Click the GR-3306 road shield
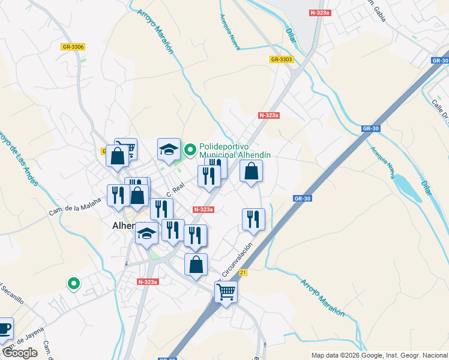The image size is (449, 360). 73,47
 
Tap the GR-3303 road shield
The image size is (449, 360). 281,59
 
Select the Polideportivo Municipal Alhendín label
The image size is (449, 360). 235,150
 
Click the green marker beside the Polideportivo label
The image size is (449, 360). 190,149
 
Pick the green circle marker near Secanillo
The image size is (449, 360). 73,283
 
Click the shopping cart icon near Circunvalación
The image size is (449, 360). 226,292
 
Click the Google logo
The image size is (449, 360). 19,353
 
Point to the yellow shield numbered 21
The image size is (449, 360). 242,272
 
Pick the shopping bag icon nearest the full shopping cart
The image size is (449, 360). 196,265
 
